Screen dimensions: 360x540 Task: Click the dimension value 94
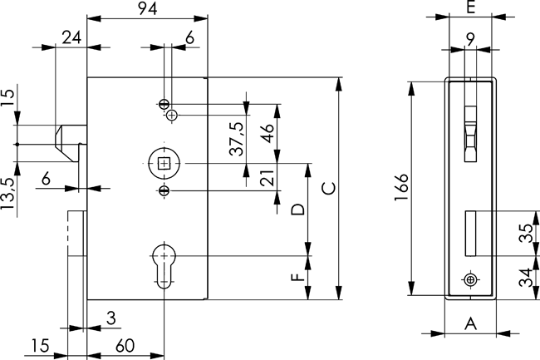click(x=148, y=9)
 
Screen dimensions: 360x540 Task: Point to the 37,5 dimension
click(x=237, y=137)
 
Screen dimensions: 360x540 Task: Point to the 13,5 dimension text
click(x=8, y=195)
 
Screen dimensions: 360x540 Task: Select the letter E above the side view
click(x=471, y=9)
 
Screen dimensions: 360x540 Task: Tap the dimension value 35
click(x=526, y=234)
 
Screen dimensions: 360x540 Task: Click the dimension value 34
click(x=526, y=277)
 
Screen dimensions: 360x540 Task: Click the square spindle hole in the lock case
click(x=164, y=163)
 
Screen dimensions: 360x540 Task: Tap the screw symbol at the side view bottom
click(x=471, y=279)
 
